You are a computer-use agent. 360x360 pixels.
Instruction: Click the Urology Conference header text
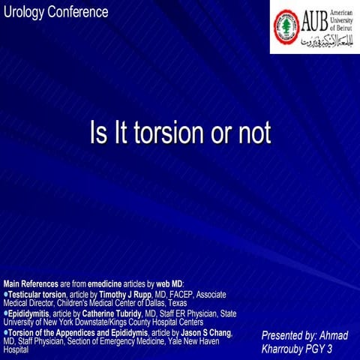[55, 12]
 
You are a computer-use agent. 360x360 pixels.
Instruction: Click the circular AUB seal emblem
[286, 26]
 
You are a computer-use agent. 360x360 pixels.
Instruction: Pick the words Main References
[31, 284]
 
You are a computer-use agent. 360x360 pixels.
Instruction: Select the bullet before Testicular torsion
[5, 294]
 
